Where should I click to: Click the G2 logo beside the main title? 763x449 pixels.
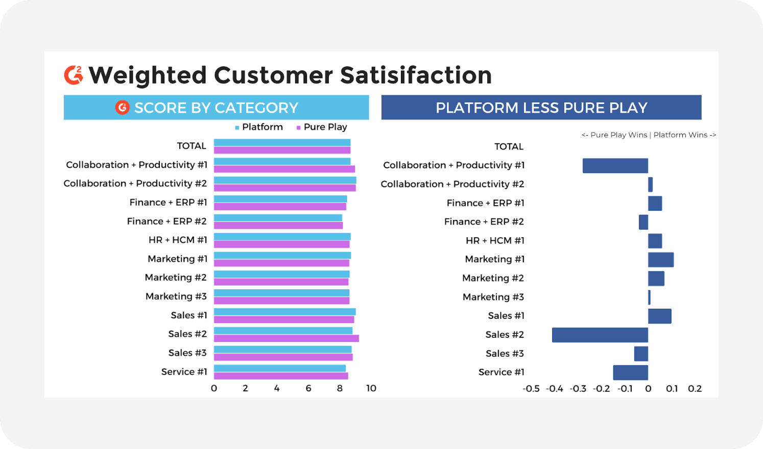point(74,75)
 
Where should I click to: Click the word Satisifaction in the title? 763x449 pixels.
point(416,76)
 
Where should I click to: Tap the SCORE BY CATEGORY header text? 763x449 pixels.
point(216,108)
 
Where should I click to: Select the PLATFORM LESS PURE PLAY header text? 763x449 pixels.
point(541,108)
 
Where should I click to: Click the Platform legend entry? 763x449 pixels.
point(259,127)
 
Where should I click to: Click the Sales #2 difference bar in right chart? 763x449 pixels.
point(600,335)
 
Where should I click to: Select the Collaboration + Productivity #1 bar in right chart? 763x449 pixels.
point(615,165)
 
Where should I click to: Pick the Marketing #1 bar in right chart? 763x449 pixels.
point(660,259)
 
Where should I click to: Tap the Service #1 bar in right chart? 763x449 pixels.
point(630,372)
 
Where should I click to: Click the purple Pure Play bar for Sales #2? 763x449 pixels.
point(286,338)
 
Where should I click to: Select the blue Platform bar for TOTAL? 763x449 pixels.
point(282,143)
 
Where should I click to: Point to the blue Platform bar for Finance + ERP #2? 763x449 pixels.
point(278,218)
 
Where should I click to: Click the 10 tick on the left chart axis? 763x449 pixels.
point(371,388)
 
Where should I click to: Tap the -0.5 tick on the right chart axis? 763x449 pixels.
point(531,389)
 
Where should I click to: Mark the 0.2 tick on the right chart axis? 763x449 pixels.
point(695,389)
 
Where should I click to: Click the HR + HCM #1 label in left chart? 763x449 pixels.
point(178,240)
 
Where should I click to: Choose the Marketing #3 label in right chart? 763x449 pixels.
point(493,297)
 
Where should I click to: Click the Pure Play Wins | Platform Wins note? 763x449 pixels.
point(649,135)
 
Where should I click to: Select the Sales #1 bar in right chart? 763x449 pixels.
point(659,316)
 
